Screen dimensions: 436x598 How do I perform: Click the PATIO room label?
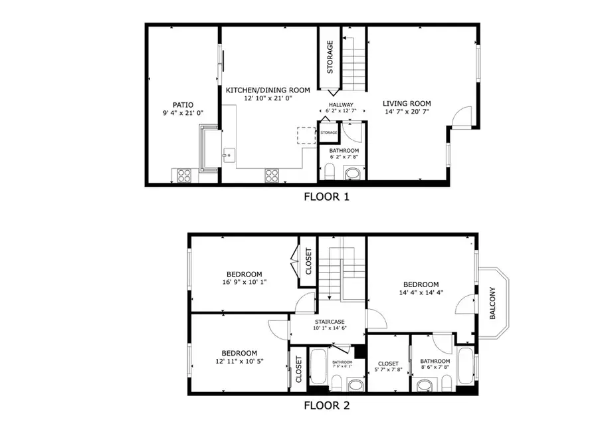point(183,104)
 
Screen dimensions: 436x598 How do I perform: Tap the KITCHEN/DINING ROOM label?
point(268,90)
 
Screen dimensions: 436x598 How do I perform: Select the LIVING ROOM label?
point(407,104)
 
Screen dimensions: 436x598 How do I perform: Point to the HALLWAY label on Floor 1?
point(341,105)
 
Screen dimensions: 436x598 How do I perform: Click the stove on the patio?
point(184,175)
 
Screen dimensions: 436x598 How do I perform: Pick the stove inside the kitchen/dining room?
point(272,175)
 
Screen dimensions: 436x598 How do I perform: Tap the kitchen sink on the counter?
point(228,156)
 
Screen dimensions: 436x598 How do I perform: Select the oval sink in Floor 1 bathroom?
point(353,175)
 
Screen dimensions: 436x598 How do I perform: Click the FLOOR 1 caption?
point(326,197)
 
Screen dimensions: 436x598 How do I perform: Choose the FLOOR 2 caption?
point(326,405)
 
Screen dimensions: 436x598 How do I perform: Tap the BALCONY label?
point(492,303)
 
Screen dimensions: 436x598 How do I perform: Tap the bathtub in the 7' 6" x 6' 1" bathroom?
point(318,369)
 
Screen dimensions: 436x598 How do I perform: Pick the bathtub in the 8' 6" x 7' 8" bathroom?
point(466,369)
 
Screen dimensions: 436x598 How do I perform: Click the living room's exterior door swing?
point(460,118)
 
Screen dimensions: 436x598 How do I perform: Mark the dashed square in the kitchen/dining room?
point(306,135)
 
